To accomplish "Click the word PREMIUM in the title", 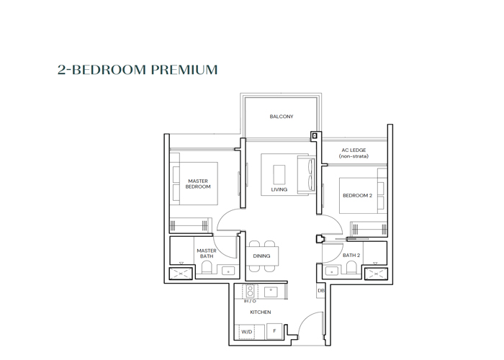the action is coord(184,70).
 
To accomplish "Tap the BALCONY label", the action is coord(282,117).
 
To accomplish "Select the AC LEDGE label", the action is coord(354,150).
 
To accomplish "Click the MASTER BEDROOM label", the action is coord(198,184).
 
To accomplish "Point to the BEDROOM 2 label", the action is coord(357,195).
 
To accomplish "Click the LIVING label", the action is coord(279,189).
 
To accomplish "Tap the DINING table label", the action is coord(261,256).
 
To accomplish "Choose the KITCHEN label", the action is coord(261,312).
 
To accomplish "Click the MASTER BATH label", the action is coord(207,253).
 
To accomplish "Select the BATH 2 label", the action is coord(351,255).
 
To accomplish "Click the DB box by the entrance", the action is coord(321,291).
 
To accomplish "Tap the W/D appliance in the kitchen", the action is coord(247,332).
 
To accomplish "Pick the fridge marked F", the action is coord(274,331).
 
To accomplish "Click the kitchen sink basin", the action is coord(271,292).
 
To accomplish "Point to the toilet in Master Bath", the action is coord(207,267).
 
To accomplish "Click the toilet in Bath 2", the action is coord(351,267).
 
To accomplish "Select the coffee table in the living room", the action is coord(279,174).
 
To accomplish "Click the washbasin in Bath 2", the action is coord(331,271).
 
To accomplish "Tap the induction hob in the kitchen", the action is coord(250,291).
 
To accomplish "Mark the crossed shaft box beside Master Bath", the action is coord(181,274).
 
